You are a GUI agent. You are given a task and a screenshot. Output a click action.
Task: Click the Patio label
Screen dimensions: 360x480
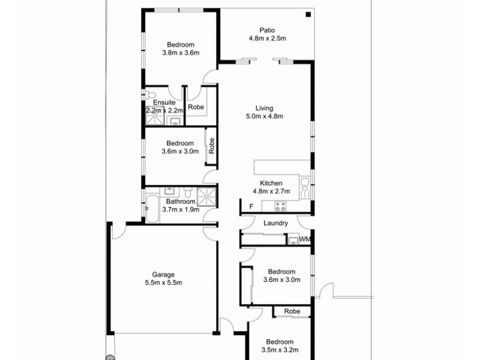pyautogui.click(x=268, y=30)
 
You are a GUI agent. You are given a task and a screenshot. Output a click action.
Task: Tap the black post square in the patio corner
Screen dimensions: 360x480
pyautogui.click(x=307, y=15)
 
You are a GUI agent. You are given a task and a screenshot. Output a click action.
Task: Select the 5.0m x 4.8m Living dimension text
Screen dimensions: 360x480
pyautogui.click(x=265, y=116)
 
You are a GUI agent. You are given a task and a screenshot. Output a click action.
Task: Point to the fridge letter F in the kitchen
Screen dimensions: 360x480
pyautogui.click(x=251, y=207)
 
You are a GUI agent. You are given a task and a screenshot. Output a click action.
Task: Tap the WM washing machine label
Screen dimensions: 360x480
pyautogui.click(x=305, y=240)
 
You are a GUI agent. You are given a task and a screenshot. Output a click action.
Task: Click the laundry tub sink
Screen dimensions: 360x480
pyautogui.click(x=293, y=241)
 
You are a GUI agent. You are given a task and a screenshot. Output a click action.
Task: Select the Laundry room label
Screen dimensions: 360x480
pyautogui.click(x=276, y=223)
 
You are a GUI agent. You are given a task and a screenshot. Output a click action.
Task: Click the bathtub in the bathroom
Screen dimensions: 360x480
pyautogui.click(x=151, y=208)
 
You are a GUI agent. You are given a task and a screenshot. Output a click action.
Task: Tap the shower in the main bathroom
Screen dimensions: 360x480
pyautogui.click(x=207, y=195)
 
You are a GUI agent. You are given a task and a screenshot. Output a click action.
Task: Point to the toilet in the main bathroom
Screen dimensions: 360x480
pyautogui.click(x=188, y=193)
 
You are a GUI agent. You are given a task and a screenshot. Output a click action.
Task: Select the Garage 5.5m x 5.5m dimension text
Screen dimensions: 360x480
pyautogui.click(x=163, y=283)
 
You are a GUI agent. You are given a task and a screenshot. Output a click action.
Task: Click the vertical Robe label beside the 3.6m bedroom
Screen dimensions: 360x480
pyautogui.click(x=211, y=147)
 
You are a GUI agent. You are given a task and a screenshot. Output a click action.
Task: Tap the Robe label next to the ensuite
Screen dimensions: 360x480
pyautogui.click(x=196, y=107)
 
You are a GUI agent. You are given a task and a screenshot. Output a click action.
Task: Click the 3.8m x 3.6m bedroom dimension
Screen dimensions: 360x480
pyautogui.click(x=181, y=53)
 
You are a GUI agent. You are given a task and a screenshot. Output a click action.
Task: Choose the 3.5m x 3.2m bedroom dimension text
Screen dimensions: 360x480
pyautogui.click(x=280, y=349)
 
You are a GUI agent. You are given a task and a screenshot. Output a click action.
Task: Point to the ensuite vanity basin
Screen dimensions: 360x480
pyautogui.click(x=175, y=122)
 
